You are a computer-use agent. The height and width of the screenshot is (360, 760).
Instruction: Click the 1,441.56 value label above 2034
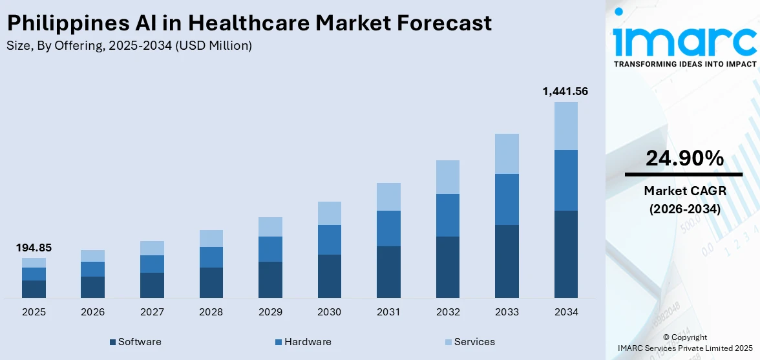(565, 92)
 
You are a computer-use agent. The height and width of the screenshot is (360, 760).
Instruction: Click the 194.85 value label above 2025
(34, 248)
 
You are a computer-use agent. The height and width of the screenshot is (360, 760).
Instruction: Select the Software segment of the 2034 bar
(566, 254)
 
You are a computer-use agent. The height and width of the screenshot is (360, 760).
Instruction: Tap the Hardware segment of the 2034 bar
(566, 180)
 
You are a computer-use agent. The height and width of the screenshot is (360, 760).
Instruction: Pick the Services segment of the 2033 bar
(507, 154)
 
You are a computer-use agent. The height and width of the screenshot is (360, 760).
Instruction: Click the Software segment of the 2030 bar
(329, 276)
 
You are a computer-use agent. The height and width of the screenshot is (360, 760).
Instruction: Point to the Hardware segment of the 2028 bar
(211, 257)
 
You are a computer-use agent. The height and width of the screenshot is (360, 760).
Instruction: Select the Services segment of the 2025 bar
(34, 262)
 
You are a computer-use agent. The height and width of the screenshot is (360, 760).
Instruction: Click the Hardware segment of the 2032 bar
(447, 215)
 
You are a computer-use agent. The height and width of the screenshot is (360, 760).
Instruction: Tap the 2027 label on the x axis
(152, 312)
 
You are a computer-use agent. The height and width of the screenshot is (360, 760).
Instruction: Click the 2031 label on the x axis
(388, 312)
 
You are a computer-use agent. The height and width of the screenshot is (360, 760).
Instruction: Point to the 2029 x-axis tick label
(270, 312)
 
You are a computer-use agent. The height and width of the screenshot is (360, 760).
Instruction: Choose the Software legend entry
(135, 342)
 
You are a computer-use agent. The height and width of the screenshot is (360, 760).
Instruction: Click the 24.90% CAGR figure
(684, 158)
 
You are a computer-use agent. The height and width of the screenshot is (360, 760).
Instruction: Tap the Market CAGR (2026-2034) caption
(684, 200)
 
